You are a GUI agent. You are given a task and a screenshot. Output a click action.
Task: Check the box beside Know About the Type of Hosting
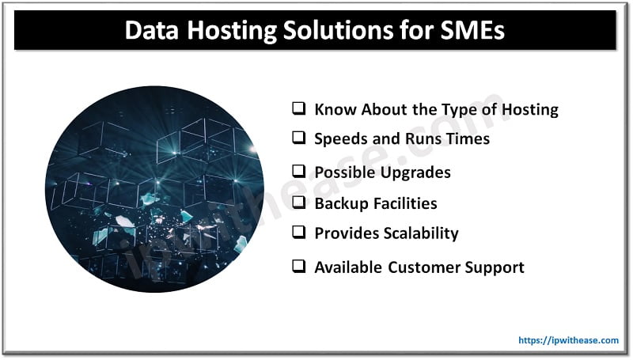(298, 109)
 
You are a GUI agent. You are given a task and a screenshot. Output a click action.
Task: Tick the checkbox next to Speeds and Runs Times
(298, 138)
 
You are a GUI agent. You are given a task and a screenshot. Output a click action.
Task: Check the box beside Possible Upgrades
(298, 171)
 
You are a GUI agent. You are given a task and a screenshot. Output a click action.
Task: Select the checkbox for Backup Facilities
(298, 203)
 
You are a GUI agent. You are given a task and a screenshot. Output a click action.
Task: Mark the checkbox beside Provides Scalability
(298, 233)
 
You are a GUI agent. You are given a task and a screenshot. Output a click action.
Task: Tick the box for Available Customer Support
(298, 267)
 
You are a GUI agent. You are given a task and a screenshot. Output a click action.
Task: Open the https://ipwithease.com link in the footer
(568, 340)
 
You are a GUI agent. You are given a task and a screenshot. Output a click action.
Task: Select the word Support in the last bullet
(495, 267)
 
